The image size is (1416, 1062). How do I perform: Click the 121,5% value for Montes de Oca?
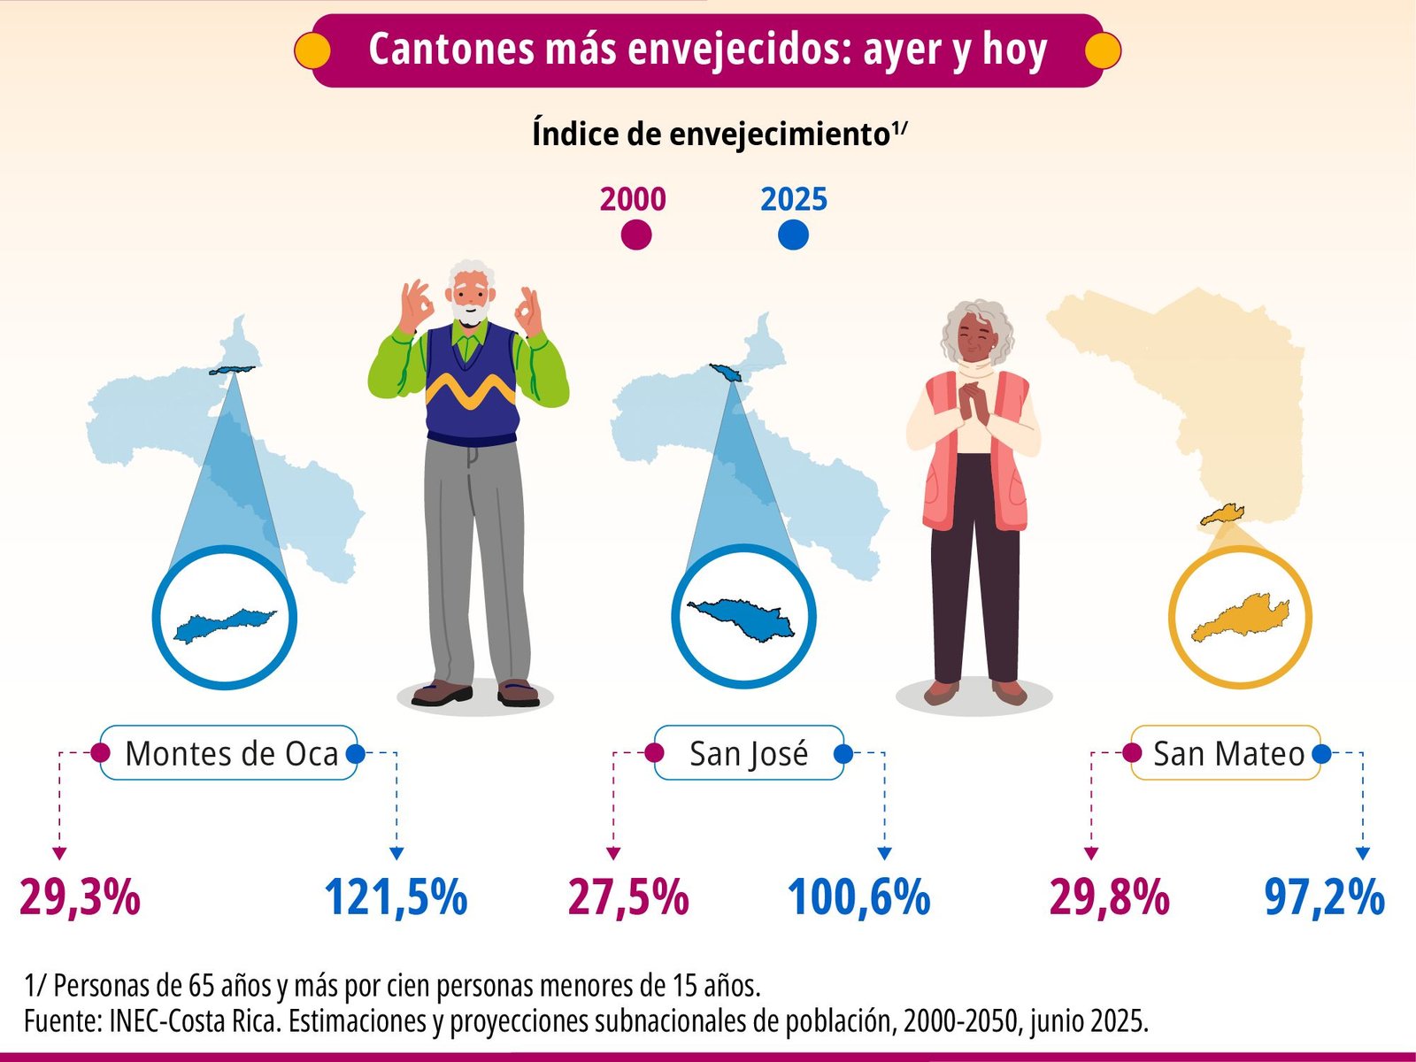[396, 897]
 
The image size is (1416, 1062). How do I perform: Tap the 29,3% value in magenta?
[80, 897]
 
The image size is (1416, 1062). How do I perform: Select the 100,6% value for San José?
[858, 897]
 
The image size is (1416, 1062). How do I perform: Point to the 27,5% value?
[628, 897]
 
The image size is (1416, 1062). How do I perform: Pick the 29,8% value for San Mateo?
[1109, 897]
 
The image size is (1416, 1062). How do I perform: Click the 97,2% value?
[1324, 897]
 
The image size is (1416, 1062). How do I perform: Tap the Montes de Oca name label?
[231, 754]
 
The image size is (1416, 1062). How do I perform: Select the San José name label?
[749, 754]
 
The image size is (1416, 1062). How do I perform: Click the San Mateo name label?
[1228, 754]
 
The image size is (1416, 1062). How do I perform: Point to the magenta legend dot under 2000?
[635, 235]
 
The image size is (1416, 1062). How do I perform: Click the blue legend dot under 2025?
[793, 235]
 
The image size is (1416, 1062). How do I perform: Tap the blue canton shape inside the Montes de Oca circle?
[224, 623]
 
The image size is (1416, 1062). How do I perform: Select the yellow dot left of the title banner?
[312, 50]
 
